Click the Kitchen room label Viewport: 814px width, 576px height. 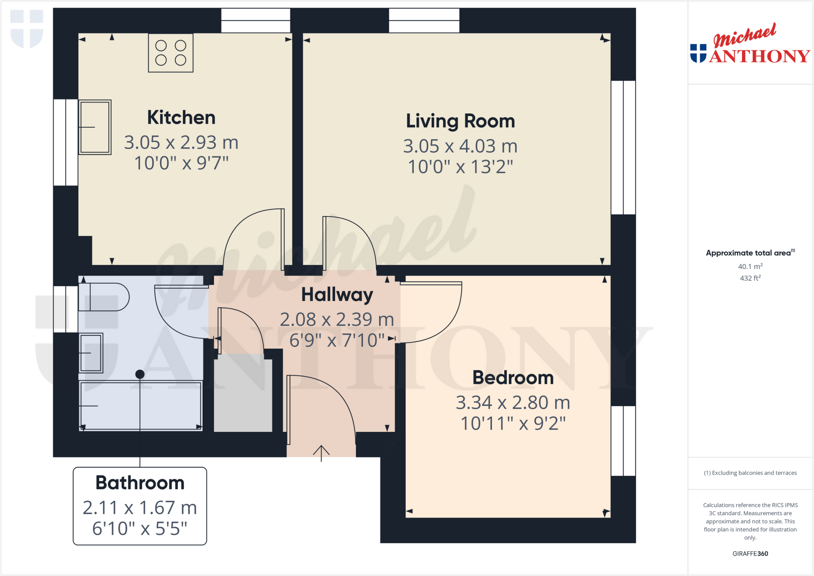tap(181, 118)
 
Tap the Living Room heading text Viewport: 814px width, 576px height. tap(460, 121)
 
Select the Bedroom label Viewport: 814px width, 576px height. tap(513, 378)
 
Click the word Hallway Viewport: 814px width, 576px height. tap(337, 295)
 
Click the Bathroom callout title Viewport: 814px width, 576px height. tap(140, 483)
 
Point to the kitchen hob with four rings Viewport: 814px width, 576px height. tap(171, 53)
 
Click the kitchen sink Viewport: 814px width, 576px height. tap(95, 127)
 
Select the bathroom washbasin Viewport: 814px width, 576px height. tap(91, 353)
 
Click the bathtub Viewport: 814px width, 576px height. tap(141, 405)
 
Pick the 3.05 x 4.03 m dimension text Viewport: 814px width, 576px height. tap(460, 146)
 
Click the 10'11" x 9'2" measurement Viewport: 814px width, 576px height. tap(513, 424)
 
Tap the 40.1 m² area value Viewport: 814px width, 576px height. tap(750, 267)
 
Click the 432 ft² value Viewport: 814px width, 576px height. tap(750, 278)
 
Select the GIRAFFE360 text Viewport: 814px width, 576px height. tap(750, 554)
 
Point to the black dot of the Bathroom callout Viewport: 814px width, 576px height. tap(140, 374)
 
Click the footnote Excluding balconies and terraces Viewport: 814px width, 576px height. tap(750, 473)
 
